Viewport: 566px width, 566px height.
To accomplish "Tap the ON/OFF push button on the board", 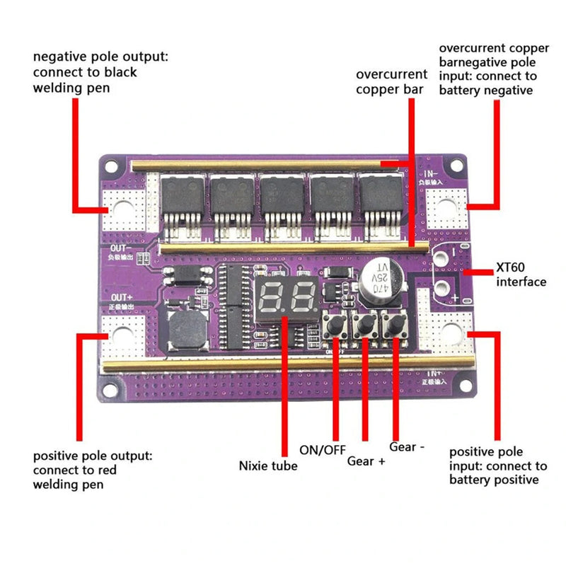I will (x=333, y=326).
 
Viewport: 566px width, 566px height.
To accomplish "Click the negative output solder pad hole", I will (x=122, y=209).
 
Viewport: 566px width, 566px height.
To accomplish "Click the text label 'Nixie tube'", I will (x=267, y=466).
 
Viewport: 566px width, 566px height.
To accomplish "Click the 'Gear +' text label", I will (x=366, y=461).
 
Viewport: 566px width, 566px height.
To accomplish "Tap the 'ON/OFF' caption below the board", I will (x=323, y=449).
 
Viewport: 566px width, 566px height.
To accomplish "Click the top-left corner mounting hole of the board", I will (x=110, y=168).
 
